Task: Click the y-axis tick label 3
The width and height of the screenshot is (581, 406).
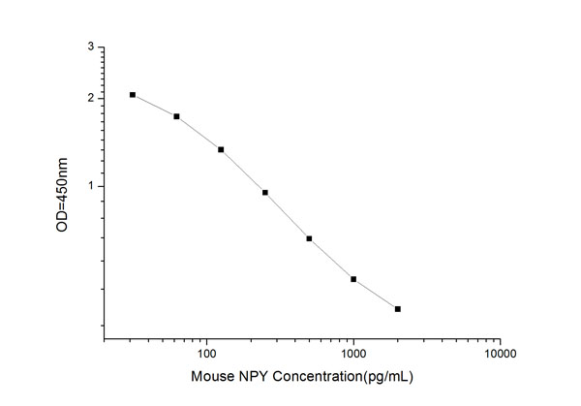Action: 91,47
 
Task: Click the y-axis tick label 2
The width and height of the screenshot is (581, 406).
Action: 91,99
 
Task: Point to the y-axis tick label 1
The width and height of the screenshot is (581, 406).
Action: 91,186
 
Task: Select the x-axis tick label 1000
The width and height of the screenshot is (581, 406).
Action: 353,356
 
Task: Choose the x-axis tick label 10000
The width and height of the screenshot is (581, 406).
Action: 500,356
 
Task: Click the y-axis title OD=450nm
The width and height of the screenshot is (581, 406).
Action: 63,193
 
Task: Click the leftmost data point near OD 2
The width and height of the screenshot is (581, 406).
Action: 133,95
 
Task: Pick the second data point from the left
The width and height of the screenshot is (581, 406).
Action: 176,116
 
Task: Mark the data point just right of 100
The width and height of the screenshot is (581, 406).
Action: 221,149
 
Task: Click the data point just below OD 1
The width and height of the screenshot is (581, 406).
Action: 264,193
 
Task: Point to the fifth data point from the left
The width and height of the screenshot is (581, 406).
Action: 309,238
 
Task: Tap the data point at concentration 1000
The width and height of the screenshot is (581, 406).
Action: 353,279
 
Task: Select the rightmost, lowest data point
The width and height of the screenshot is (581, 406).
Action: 398,309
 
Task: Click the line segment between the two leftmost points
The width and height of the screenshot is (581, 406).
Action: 155,106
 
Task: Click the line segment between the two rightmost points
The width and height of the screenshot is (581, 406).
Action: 376,295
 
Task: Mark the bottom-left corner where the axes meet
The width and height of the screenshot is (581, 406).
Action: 105,340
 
